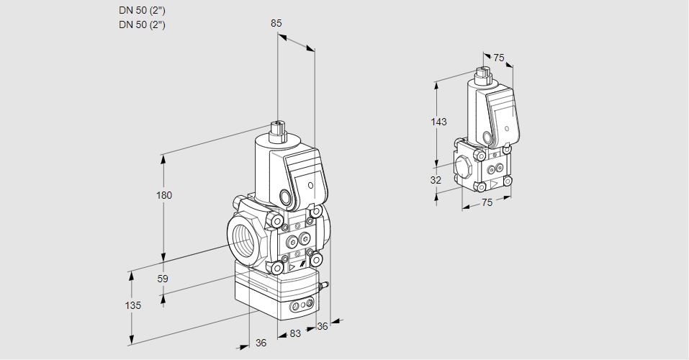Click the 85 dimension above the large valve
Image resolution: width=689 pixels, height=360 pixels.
[x=276, y=23]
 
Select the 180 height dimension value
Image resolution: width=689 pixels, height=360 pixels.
[x=166, y=195]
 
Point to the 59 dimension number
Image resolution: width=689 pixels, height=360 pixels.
[x=163, y=278]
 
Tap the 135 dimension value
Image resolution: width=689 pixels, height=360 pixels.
[x=132, y=305]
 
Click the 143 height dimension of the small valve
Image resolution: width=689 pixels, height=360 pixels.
[x=438, y=122]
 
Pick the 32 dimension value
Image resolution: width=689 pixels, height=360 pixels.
[x=436, y=180]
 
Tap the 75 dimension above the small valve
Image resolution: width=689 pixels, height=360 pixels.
[x=499, y=58]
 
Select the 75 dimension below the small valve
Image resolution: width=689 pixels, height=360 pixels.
[x=487, y=203]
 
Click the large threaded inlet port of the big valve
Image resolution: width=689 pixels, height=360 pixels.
[x=241, y=237]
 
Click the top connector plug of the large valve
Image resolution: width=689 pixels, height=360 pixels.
[x=278, y=132]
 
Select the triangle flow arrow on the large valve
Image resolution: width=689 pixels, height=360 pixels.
[x=292, y=268]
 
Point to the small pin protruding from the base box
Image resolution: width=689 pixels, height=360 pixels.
[x=325, y=287]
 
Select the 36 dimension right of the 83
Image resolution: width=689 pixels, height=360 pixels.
[x=322, y=326]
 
